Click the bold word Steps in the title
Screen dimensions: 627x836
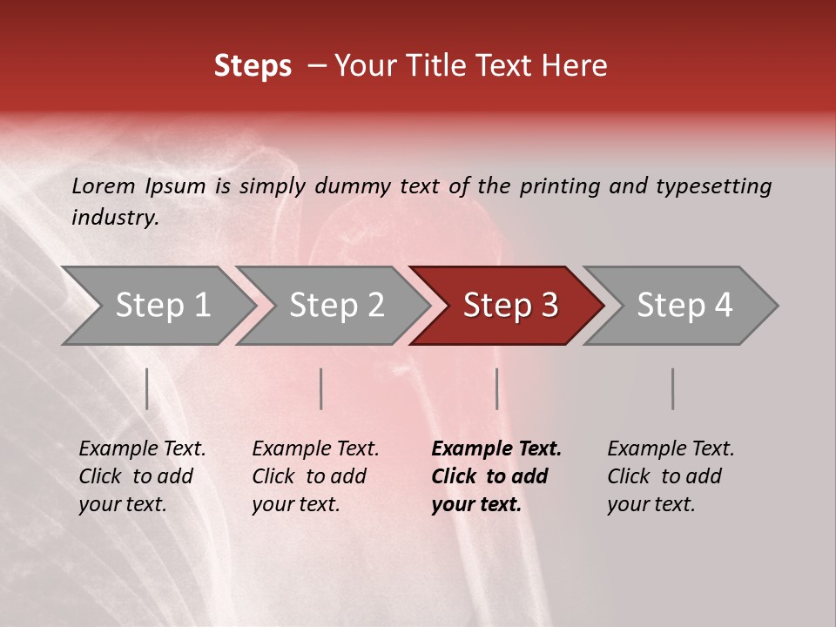click(253, 66)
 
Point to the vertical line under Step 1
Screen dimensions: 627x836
click(147, 388)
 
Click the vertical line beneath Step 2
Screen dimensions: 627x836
click(321, 388)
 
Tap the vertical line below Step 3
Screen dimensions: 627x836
click(496, 388)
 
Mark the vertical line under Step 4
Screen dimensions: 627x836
click(672, 388)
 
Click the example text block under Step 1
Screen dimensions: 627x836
click(142, 476)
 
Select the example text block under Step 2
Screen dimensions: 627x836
click(315, 476)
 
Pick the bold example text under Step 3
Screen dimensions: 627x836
click(496, 476)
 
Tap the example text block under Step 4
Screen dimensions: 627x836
click(671, 476)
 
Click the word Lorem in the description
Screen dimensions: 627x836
click(103, 185)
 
